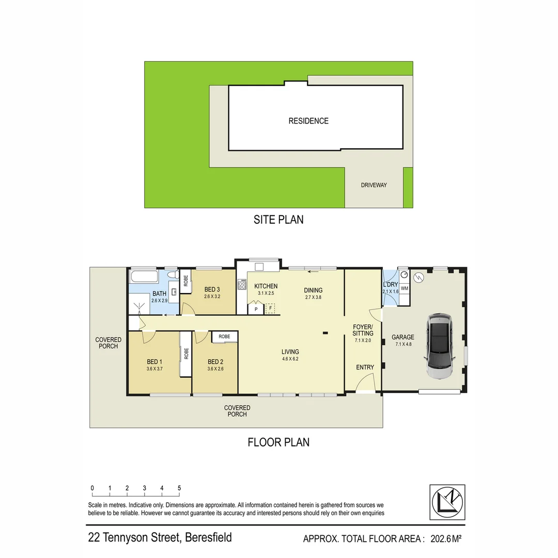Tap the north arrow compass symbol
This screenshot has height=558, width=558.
coord(447,502)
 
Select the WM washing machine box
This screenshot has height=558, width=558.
coord(405,288)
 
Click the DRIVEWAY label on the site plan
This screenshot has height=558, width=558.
coord(374,185)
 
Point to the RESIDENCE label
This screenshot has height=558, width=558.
coord(308,121)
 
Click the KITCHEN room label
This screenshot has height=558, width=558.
coord(266,286)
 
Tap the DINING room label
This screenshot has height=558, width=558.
coord(313,290)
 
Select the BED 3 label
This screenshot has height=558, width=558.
coord(212,289)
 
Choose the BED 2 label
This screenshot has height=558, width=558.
coord(215,362)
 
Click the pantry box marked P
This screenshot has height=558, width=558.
coord(255,309)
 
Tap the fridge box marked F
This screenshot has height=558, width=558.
coord(270,308)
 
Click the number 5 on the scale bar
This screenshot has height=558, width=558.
coord(179,488)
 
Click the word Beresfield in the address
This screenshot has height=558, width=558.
coord(208,537)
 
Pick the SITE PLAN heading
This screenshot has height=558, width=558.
coord(278,220)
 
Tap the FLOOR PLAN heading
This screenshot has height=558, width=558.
coord(278,442)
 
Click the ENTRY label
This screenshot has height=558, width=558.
coord(365,367)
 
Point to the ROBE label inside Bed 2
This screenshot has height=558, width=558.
coord(224,336)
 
